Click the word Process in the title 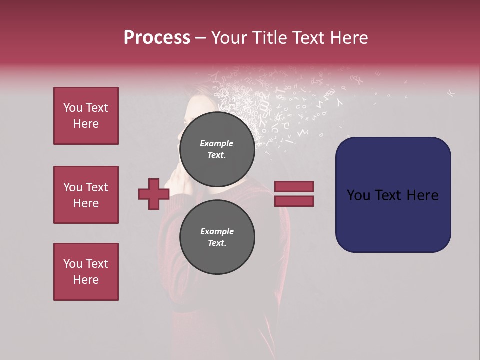(157, 38)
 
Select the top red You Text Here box (86, 116)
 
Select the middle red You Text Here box (86, 195)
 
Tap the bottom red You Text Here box (86, 272)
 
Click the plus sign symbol (154, 194)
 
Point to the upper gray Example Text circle (217, 149)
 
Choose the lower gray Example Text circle (217, 237)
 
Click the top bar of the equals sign (294, 186)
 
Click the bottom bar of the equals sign (294, 201)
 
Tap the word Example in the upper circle (217, 143)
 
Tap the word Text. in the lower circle (217, 243)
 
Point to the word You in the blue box (359, 195)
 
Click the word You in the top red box (73, 108)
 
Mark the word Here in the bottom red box (86, 280)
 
